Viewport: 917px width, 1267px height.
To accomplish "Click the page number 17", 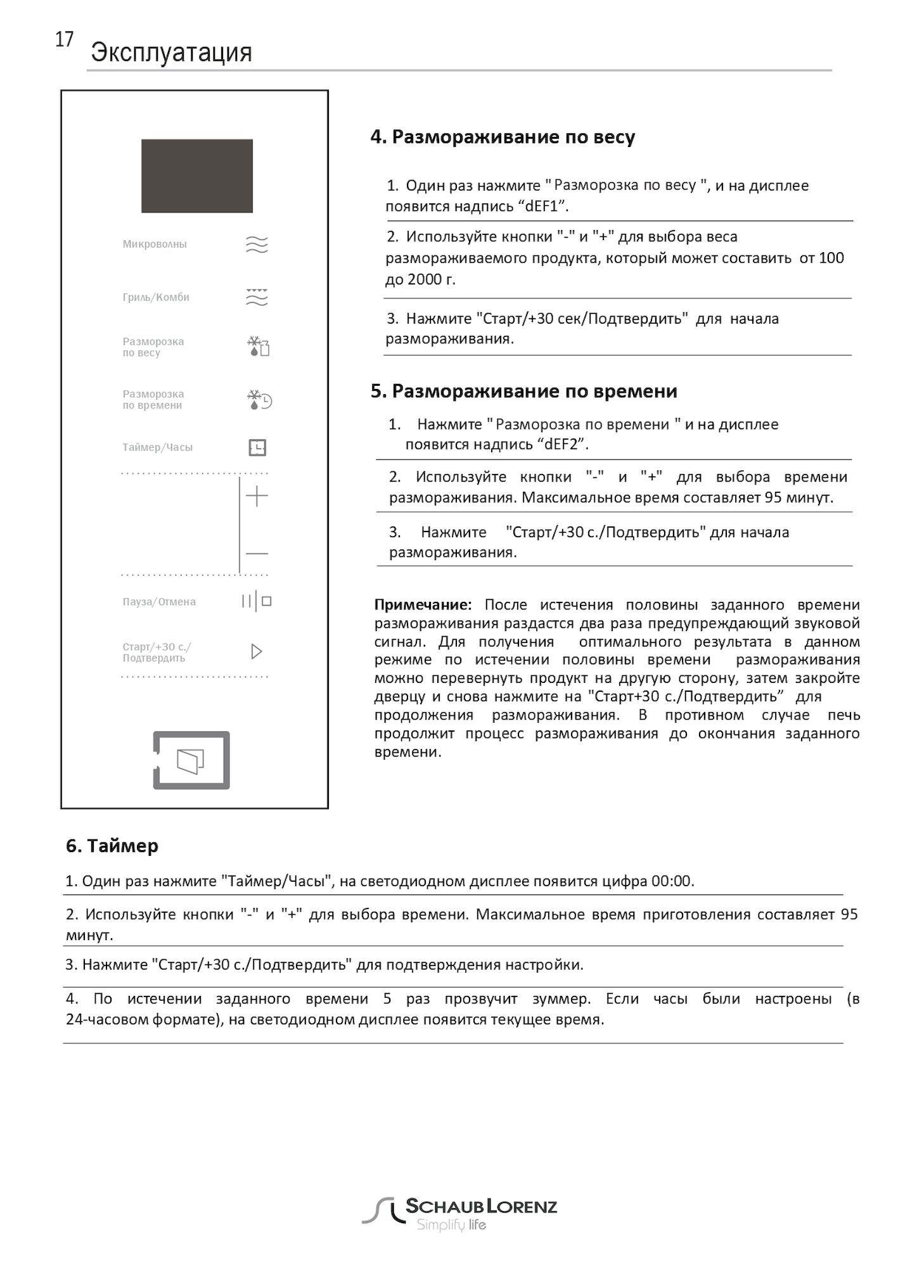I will coord(64,40).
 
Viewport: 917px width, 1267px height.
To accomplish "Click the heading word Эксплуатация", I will coord(171,53).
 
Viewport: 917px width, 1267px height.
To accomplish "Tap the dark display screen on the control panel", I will coord(196,176).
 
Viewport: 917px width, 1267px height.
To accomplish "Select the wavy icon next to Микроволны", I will coord(257,245).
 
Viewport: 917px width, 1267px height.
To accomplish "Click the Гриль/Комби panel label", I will coord(156,297).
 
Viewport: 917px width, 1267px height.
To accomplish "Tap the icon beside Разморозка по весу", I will coord(258,347).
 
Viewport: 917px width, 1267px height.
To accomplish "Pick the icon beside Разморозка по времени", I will coord(259,400).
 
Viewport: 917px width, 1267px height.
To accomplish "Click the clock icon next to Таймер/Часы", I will coord(257,448).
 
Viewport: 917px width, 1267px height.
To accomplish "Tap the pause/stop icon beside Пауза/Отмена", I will coord(256,601).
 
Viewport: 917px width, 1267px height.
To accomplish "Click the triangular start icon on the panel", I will coord(256,651).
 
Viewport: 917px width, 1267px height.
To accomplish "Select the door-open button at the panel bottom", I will coord(191,760).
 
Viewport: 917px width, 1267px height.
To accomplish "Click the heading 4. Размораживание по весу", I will coord(503,137).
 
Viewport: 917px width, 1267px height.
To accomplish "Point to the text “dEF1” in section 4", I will coord(543,207).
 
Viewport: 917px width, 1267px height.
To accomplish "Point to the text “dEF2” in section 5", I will coord(563,444).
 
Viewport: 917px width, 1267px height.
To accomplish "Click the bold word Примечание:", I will coord(423,604).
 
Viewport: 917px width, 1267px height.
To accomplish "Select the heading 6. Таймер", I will coord(112,846).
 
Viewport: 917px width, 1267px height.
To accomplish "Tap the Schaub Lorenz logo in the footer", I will coord(459,1214).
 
